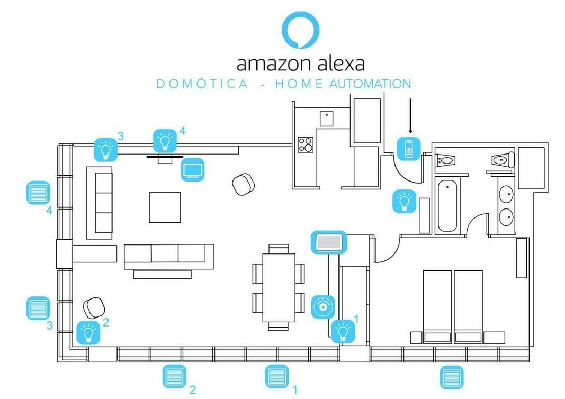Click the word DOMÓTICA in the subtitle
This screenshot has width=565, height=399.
[202, 84]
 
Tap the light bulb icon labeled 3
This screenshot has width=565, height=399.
[105, 149]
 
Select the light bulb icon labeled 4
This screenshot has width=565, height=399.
[165, 141]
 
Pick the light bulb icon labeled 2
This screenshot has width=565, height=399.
[88, 333]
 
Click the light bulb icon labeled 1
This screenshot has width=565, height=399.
[343, 331]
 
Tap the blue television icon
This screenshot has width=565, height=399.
[193, 169]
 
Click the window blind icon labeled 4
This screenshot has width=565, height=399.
[38, 193]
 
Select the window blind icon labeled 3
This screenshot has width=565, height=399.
[38, 309]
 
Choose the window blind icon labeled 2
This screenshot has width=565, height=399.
[174, 376]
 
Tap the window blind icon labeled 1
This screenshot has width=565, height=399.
[277, 376]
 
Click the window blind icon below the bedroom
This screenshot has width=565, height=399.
[452, 377]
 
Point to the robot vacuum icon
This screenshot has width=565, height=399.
[323, 307]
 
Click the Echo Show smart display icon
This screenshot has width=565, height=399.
[329, 242]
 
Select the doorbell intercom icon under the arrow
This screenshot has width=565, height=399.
[409, 149]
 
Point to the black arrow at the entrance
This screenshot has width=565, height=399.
[410, 116]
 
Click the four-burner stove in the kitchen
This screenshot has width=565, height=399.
[306, 145]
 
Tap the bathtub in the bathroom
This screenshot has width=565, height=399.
[447, 206]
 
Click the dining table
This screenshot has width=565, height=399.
[279, 288]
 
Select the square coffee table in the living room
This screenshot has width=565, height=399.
[165, 207]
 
